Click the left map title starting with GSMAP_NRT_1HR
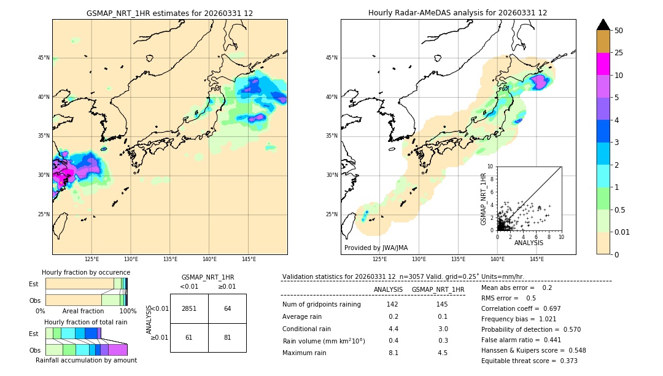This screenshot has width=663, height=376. tap(169, 13)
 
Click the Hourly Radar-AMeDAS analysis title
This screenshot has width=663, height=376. tap(457, 13)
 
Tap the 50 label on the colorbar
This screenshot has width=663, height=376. tap(619, 31)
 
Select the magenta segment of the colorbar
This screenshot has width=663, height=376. tap(603, 64)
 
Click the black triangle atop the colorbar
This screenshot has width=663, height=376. tap(603, 25)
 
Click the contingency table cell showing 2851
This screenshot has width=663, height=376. tap(189, 308)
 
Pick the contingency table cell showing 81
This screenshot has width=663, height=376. tap(227, 337)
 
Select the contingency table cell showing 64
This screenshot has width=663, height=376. tap(227, 308)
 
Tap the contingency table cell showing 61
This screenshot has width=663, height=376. tap(189, 337)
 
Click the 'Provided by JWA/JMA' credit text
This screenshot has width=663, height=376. tap(376, 248)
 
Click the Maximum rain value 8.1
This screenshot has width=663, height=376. tap(393, 353)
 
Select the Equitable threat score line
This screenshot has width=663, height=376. tap(529, 361)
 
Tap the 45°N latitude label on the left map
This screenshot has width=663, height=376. tap(44, 58)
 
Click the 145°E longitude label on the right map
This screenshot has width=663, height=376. tap(537, 259)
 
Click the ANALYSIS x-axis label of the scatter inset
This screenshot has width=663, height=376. tap(529, 243)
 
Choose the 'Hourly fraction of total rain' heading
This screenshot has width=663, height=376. tap(86, 322)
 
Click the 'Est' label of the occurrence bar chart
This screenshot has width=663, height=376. tap(34, 284)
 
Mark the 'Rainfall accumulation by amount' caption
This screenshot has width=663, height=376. tap(86, 360)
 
